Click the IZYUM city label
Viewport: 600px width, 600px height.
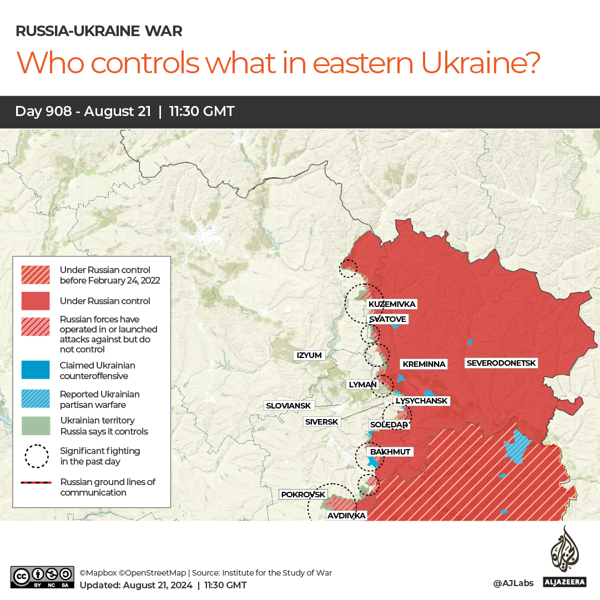point(309,355)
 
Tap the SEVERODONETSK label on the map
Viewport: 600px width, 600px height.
point(501,363)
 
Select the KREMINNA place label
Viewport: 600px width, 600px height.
point(424,364)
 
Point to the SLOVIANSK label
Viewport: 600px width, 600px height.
point(289,406)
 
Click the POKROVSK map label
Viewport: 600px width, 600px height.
point(303,494)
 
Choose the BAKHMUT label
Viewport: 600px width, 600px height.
point(390,452)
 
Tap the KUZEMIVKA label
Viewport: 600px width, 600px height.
point(392,304)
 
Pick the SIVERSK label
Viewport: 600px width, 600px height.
point(322,422)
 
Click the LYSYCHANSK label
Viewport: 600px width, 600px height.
point(421,401)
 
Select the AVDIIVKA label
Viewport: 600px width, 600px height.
point(346,516)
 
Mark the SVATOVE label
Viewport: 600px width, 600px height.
point(387,319)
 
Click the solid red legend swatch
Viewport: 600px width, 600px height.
point(36,301)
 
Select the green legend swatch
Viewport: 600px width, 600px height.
point(36,426)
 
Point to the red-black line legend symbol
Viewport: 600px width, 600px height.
point(36,483)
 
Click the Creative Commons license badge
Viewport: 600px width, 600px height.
point(42,577)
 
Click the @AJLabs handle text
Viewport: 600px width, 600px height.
point(513,583)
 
